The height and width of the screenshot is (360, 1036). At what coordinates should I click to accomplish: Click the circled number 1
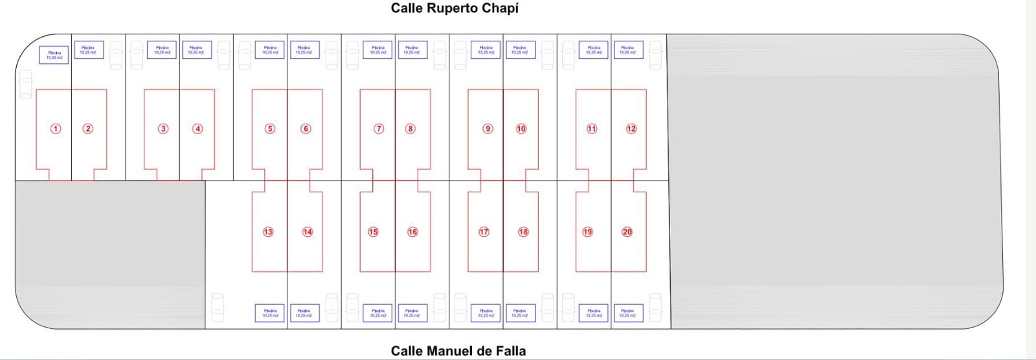(56, 129)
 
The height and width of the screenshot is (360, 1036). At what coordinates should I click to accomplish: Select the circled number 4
(198, 129)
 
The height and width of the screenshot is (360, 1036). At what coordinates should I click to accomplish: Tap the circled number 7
(379, 129)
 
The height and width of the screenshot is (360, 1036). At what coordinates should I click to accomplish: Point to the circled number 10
(521, 129)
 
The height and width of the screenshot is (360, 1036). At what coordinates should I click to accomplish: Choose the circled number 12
(631, 129)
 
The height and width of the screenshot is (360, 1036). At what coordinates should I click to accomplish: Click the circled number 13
(268, 232)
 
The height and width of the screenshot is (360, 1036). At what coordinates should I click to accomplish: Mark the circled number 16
(412, 232)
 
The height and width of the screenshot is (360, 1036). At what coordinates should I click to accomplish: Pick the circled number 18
(523, 232)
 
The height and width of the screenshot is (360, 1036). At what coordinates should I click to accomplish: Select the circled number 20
(627, 232)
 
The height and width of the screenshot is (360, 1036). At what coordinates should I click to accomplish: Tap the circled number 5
(270, 129)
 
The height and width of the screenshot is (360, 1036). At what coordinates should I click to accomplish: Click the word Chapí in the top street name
(499, 8)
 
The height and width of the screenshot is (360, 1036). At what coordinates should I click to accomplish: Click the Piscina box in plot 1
(54, 55)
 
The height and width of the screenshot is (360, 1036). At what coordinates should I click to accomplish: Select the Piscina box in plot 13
(270, 313)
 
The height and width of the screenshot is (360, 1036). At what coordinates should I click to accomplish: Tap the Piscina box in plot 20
(627, 313)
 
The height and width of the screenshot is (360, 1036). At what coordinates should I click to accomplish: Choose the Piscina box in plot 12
(627, 50)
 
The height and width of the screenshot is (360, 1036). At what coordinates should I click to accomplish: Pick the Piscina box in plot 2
(88, 50)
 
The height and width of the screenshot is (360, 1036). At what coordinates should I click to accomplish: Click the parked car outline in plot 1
(25, 84)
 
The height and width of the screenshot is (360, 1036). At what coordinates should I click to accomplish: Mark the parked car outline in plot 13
(217, 307)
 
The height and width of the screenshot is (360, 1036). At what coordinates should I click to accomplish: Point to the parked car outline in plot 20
(655, 307)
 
